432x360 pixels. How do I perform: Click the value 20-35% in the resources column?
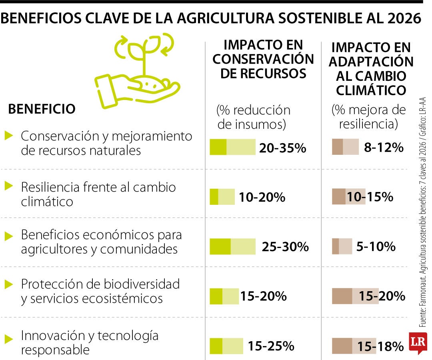point(282,148)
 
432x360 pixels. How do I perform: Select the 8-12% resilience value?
point(384,148)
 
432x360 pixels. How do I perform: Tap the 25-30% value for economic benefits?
point(285,246)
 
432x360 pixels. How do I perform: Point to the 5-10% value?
point(376,246)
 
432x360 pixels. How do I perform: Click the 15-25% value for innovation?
point(271,346)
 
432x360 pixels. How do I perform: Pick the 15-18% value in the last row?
point(381,346)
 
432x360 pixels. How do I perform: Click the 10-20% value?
point(262,197)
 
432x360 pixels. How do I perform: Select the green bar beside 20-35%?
point(232,147)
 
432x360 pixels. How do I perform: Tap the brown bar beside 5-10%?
point(342,246)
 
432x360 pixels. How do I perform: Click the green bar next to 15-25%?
point(226,346)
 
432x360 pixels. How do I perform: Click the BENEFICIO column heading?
point(42,109)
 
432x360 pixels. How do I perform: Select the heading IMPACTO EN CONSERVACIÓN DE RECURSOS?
point(263,59)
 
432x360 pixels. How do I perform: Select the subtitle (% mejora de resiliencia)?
point(368,116)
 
